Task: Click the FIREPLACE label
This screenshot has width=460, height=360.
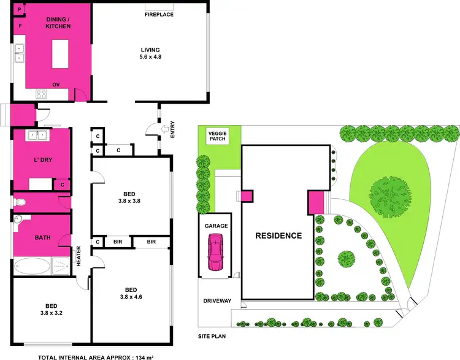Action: point(159,13)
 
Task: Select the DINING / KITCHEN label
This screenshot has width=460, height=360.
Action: point(59,23)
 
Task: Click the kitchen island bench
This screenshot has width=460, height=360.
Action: point(59,53)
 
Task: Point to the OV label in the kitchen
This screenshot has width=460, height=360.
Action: point(55,85)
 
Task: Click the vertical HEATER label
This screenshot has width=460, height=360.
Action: point(79,256)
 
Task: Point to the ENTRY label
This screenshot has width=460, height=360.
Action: point(172,131)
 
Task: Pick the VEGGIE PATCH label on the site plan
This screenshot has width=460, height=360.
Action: point(217,136)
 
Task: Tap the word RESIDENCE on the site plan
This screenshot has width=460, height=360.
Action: point(278,236)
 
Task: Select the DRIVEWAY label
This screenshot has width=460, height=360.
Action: point(217,301)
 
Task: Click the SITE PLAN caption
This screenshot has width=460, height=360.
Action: point(212,337)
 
